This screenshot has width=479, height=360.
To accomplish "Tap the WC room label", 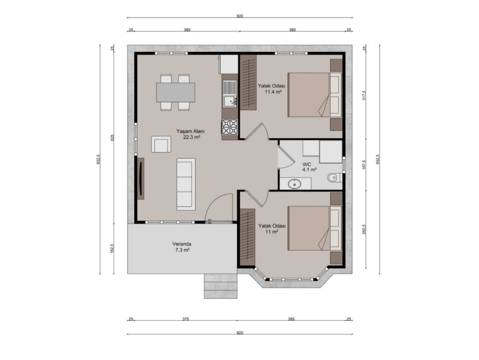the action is tap(306, 164).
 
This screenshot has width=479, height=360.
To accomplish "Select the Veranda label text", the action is tap(182, 244).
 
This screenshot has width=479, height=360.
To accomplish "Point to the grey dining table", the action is tap(175, 92).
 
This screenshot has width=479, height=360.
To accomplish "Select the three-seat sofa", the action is tap(186, 184).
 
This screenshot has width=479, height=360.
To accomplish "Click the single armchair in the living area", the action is tap(161, 144).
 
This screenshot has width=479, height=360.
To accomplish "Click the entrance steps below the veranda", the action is tap(221, 286).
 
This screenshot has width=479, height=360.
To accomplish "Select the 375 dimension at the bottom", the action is tap(186, 319).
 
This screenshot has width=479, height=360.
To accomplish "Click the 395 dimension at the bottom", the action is tap(291, 319).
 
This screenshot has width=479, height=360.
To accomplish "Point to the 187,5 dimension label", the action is tap(364, 165).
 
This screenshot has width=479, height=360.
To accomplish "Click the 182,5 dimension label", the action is tap(112, 249).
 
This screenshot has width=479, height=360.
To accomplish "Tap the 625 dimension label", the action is tap(112, 138).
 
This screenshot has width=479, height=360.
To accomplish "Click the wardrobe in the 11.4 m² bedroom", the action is tap(248, 82).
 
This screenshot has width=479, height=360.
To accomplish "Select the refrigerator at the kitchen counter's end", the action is tap(229, 64).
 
